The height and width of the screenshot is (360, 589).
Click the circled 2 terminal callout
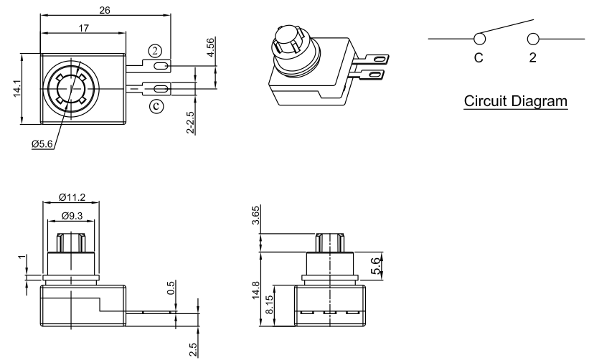click(155, 49)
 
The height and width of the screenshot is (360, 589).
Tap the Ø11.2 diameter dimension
click(72, 198)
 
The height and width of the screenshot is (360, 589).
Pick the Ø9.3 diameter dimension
click(72, 215)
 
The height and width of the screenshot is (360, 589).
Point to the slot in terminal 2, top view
click(161, 66)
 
